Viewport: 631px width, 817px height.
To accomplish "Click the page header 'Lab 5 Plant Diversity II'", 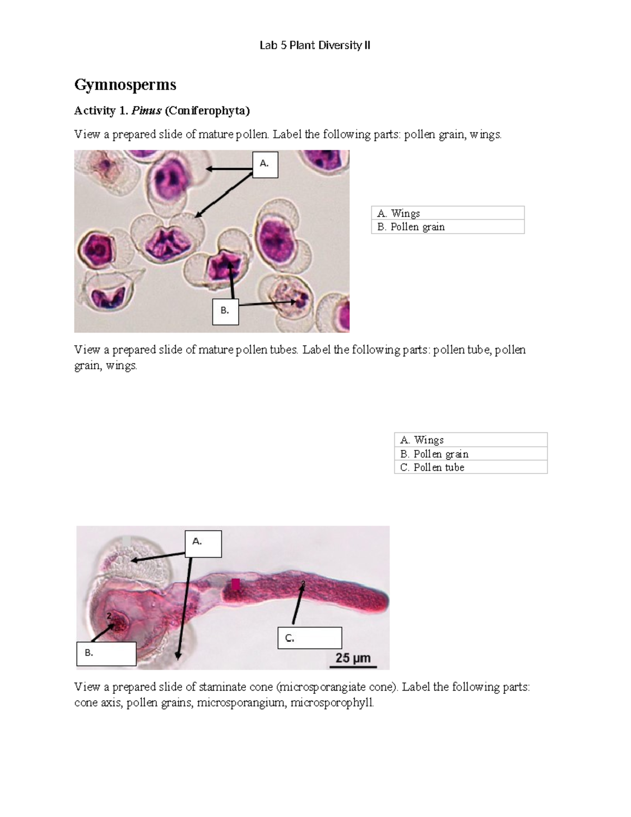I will coord(314,46).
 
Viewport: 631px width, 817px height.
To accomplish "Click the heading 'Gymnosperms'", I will coord(125,85).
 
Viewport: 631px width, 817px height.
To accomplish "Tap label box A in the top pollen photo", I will coord(265,164).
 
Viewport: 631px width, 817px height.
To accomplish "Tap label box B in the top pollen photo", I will coord(226,311).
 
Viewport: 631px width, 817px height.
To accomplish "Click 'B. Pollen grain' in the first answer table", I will coord(411,227).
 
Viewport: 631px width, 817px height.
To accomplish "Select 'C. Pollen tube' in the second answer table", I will coord(432,467).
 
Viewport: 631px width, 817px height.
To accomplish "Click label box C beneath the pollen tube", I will coord(309,638).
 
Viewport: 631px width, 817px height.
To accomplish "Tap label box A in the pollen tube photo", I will coord(203,543).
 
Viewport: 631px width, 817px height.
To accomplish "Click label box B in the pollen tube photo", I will coord(106,653).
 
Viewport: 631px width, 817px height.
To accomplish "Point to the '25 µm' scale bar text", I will coord(353,658).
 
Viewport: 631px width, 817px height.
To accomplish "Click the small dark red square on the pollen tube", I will coord(236,584).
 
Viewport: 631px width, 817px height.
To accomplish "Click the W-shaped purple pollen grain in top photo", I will coord(165,242).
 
